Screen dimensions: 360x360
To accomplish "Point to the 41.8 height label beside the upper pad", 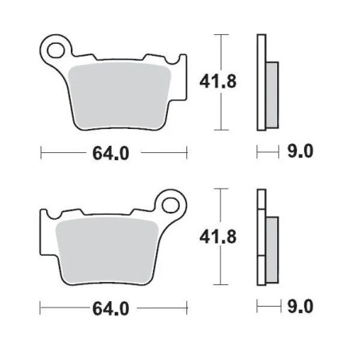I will pos(210,81).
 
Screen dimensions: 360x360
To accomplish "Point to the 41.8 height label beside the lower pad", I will pos(210,237).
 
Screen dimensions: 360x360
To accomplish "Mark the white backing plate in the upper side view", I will pos(260,83).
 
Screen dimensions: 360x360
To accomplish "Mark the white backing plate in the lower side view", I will pos(260,239).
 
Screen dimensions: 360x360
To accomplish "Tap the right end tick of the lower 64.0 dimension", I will pos(187,307).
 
